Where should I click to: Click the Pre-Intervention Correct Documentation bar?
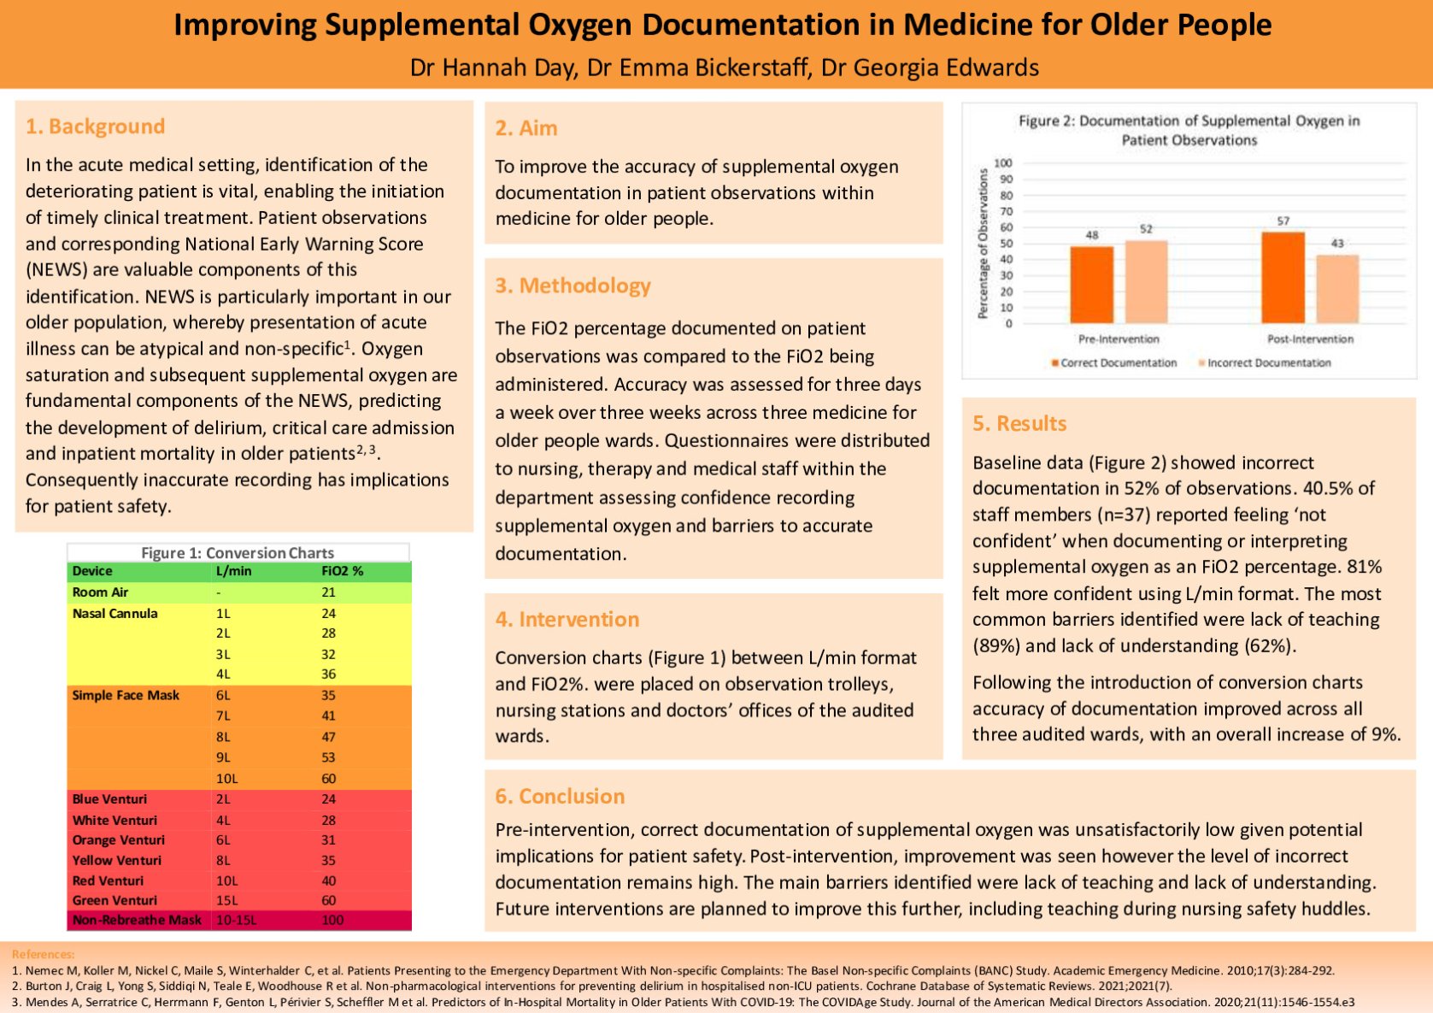(1091, 285)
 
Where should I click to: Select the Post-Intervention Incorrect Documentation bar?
(1336, 289)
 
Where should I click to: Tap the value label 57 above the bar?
(1283, 221)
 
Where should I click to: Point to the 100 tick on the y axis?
(1003, 163)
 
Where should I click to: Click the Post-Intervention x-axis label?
(1310, 339)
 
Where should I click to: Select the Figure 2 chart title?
(1189, 130)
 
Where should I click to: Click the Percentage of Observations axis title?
(983, 244)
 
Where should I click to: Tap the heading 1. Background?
(95, 127)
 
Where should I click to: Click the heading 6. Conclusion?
(560, 796)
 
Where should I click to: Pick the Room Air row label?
(100, 592)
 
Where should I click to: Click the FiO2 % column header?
(342, 571)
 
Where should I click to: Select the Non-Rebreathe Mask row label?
(137, 920)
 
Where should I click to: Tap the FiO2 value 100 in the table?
(332, 920)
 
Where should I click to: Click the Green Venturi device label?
(115, 900)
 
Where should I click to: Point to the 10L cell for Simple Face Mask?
(226, 778)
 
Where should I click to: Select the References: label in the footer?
(43, 954)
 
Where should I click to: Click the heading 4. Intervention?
(567, 619)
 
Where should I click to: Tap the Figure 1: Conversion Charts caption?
(238, 552)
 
